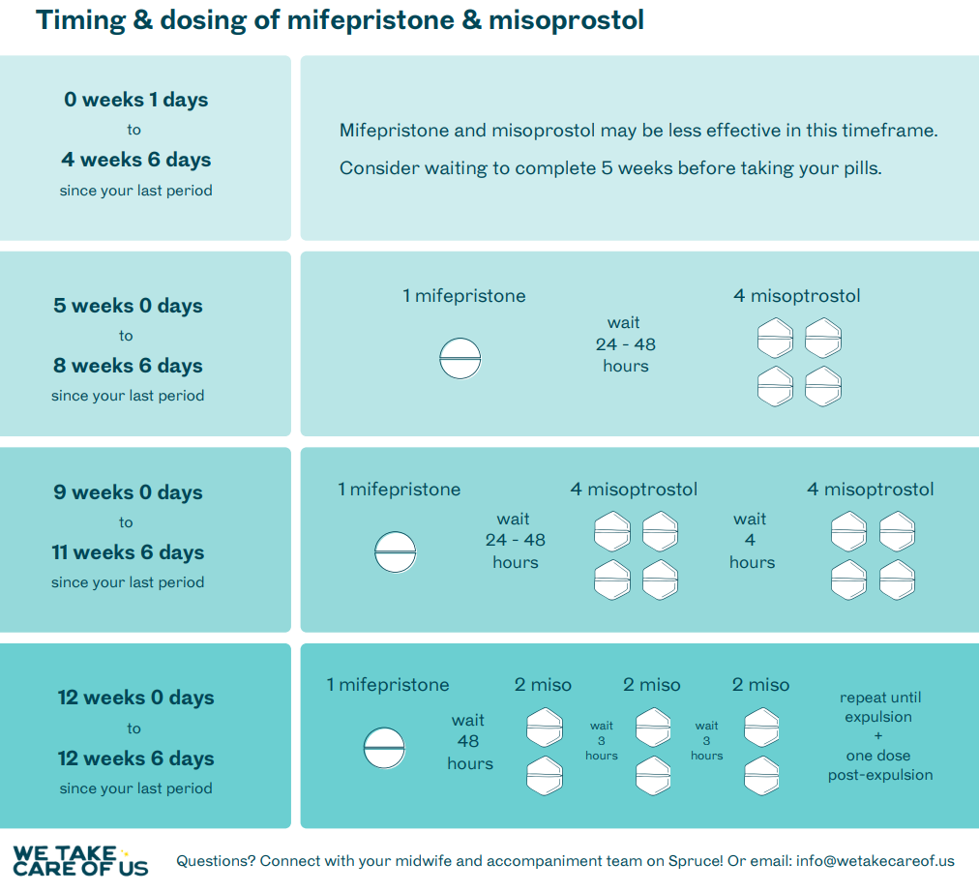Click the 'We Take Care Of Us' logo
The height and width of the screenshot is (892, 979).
click(80, 861)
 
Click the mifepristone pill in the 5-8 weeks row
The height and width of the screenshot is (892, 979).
click(460, 359)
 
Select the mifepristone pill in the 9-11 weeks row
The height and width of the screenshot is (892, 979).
click(396, 552)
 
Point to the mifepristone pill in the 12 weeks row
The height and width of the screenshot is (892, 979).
click(385, 748)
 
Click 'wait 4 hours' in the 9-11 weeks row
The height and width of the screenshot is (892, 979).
click(752, 541)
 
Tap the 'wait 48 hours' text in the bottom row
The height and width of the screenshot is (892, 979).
click(469, 742)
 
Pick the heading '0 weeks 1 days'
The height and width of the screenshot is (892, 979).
click(136, 100)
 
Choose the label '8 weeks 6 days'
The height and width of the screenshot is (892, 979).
click(128, 365)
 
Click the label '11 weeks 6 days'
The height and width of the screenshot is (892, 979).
click(128, 552)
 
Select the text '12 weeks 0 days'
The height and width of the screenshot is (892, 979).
click(136, 698)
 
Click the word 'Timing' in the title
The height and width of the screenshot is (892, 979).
click(80, 20)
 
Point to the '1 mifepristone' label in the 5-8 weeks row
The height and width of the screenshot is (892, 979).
click(464, 296)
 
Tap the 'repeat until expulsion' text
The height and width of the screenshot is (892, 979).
click(879, 707)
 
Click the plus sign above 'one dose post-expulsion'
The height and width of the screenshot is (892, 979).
click(878, 736)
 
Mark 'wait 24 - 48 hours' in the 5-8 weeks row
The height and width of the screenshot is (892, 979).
click(625, 344)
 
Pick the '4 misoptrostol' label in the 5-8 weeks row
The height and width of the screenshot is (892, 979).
click(797, 296)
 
